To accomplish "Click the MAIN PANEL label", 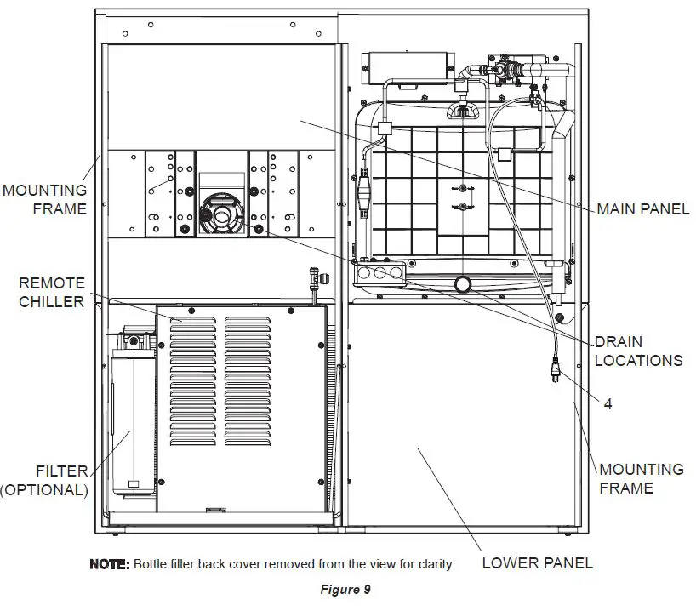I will (x=642, y=208).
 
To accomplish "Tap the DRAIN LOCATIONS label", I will (x=637, y=351).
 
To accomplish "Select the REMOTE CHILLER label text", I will (x=52, y=292).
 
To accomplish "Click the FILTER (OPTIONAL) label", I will (x=44, y=480).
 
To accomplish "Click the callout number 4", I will (x=608, y=404).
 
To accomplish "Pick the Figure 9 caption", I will (x=345, y=590).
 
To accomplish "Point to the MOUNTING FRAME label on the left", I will (x=44, y=199).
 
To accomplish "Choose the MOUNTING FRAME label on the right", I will (x=641, y=478).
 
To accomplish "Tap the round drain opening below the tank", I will (x=464, y=283).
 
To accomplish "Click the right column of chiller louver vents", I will (x=248, y=383).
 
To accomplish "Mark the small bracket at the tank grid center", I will (x=461, y=196).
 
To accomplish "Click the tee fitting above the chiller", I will (x=315, y=278).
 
